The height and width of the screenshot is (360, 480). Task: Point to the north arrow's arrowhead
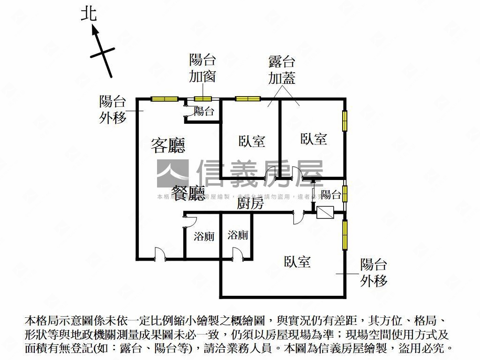95,30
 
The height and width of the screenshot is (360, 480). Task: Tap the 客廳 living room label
168,145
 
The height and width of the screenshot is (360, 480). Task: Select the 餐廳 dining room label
188,193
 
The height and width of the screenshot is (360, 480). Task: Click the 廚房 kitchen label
250,203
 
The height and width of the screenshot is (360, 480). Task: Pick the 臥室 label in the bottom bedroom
297,262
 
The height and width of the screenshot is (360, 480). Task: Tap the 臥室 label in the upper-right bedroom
314,139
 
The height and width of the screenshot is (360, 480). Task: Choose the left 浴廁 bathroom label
204,236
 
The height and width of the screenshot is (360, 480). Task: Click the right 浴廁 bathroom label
238,235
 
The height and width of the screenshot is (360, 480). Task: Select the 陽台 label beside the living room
204,112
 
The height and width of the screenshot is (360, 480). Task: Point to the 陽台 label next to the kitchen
331,195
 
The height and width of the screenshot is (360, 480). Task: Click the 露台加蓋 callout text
282,70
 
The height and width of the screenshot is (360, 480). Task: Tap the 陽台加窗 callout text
202,68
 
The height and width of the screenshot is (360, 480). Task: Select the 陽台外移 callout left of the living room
113,110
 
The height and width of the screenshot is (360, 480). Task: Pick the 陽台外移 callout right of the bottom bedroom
374,272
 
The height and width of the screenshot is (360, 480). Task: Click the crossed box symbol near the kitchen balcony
325,213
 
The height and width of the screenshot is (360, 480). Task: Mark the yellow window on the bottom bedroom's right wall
345,234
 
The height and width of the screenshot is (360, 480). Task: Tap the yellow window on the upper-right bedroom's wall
345,121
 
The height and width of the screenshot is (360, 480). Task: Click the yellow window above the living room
164,98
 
